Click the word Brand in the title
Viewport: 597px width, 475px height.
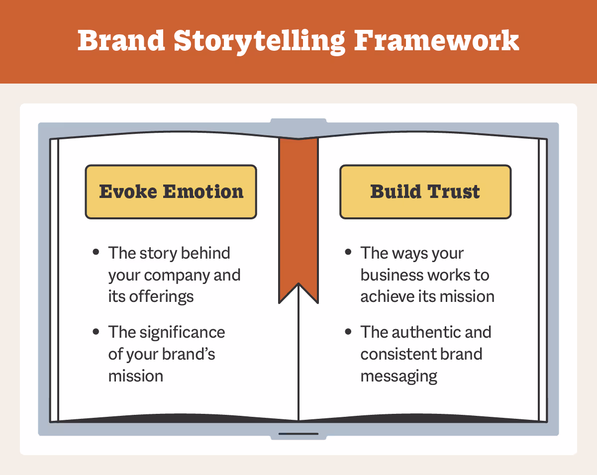(121, 41)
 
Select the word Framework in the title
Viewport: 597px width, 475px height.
(437, 41)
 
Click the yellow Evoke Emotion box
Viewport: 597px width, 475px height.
(171, 192)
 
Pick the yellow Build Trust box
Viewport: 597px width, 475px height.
(425, 192)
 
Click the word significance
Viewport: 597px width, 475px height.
(184, 332)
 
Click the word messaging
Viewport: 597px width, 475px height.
(399, 376)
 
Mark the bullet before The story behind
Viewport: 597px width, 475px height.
(96, 252)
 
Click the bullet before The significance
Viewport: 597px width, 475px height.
(96, 331)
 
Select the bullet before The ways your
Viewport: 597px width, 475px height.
(348, 252)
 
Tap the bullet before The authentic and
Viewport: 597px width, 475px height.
(348, 331)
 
